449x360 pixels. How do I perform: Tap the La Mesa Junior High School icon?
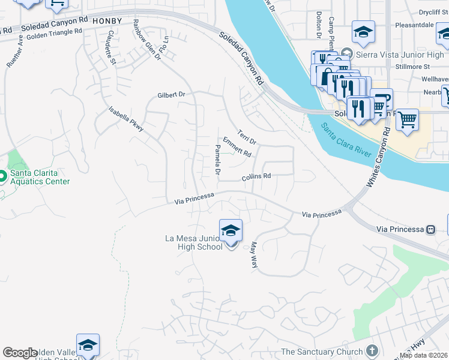coord(231,230)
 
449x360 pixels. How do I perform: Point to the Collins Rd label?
coord(256,177)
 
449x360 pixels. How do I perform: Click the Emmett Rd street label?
coord(237,147)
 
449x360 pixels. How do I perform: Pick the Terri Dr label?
coord(247,137)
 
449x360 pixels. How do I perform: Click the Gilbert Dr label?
coord(171,95)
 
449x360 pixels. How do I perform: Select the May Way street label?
coord(254,255)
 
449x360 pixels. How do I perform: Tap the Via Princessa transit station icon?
coord(430,229)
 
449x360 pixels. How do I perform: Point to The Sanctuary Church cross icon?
coord(372,351)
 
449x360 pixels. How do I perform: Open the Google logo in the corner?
coord(20,353)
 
